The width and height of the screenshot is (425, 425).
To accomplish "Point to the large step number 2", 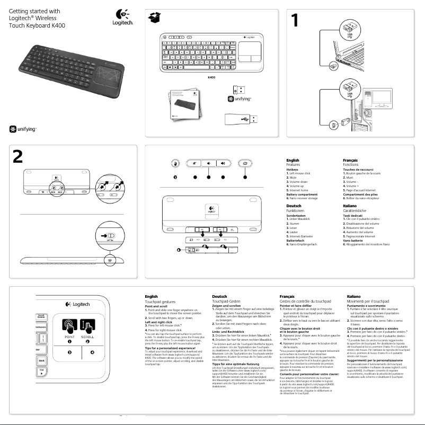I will [18, 157].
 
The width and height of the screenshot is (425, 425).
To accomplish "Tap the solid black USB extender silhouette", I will [240, 119].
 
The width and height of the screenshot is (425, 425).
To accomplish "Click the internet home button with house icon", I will [244, 164].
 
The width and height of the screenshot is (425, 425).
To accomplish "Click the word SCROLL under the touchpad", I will [88, 337].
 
